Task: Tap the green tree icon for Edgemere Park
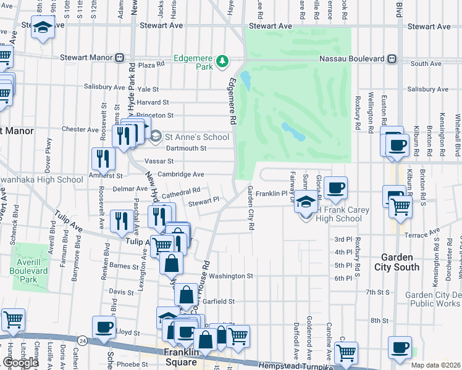click(222, 61)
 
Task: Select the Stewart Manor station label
click(86, 57)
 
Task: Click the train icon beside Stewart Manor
click(119, 57)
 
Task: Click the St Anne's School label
click(194, 136)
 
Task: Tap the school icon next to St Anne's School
click(156, 136)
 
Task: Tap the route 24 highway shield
click(82, 340)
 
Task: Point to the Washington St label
click(230, 276)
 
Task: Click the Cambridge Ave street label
click(180, 175)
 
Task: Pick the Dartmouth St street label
click(185, 148)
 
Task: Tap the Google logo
click(20, 363)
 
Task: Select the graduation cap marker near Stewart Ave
click(43, 27)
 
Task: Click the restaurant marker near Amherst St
click(103, 158)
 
